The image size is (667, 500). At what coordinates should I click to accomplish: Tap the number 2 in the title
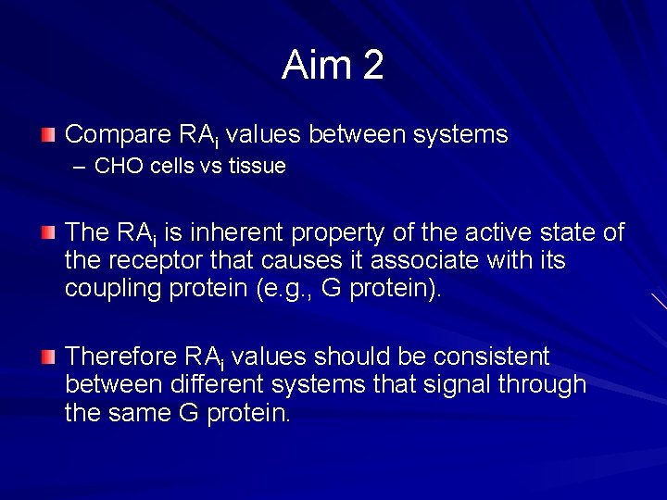click(372, 66)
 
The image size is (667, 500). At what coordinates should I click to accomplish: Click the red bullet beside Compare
click(48, 135)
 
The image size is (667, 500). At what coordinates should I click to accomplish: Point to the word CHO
click(117, 167)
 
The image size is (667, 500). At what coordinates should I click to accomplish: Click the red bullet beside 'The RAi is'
click(48, 232)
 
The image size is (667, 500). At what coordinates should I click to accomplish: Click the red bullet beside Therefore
click(48, 356)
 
